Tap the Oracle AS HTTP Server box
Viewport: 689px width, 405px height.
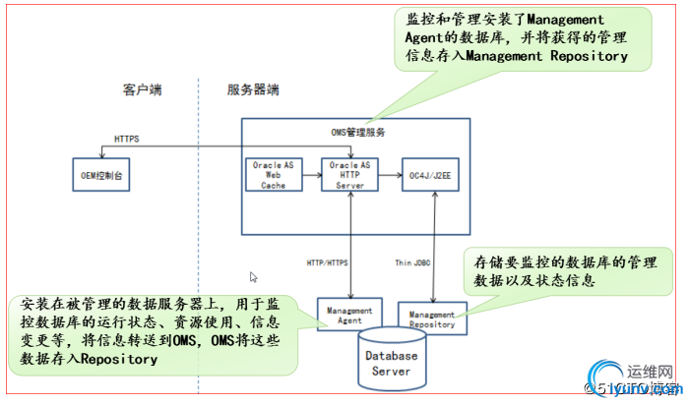tap(350, 174)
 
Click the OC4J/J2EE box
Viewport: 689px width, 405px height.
tap(432, 174)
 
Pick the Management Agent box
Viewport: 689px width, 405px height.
tap(344, 314)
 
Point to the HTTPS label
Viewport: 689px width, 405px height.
tap(126, 140)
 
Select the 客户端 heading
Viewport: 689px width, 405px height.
tap(143, 90)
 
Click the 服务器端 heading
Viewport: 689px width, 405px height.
tap(253, 90)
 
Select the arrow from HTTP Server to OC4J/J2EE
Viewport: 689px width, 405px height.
tap(390, 174)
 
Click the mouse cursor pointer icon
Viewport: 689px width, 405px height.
tap(254, 278)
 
